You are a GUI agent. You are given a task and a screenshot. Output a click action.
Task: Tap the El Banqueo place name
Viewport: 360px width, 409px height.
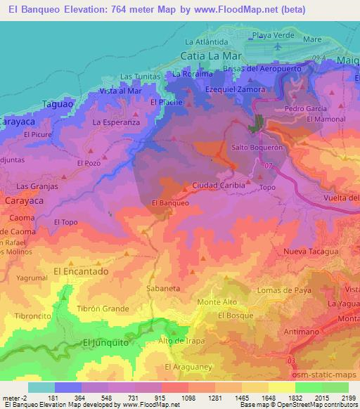tap(169, 203)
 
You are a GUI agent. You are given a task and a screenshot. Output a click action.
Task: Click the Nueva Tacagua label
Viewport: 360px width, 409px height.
tap(311, 251)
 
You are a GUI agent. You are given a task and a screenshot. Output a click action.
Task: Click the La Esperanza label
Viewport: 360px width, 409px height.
tap(116, 122)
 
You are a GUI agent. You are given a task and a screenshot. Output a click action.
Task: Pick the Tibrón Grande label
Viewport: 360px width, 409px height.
tap(103, 309)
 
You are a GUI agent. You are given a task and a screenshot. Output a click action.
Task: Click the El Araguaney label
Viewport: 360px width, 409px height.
tap(187, 367)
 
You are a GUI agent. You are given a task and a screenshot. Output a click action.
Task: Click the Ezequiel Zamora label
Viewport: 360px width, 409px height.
tap(235, 90)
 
